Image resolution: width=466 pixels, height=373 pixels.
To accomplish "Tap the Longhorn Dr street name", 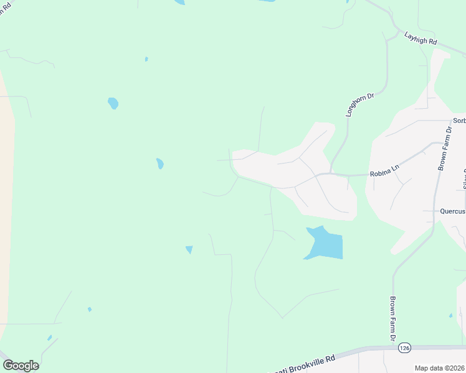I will coord(360,104).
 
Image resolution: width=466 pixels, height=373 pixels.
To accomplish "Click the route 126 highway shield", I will coord(405,348).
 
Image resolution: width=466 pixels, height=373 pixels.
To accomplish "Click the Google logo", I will coord(21,366).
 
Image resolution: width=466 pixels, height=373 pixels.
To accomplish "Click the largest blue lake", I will coord(325,244).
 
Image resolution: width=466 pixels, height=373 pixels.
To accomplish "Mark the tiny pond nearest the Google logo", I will coord(49,338).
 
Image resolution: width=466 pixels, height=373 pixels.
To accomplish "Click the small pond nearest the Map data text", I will coord(450,316).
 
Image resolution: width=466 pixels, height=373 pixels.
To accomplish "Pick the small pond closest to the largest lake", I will coord(189,249).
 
